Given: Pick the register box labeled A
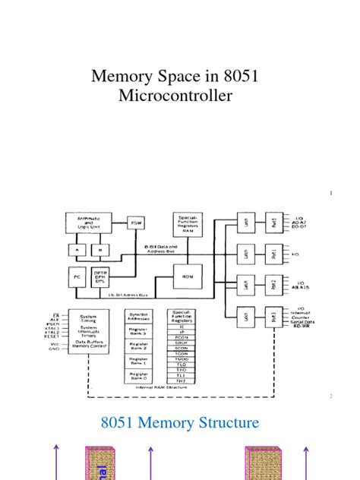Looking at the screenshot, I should pos(77,249).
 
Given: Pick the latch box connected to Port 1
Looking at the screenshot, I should pos(246,253).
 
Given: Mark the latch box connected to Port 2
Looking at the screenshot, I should pos(246,284).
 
